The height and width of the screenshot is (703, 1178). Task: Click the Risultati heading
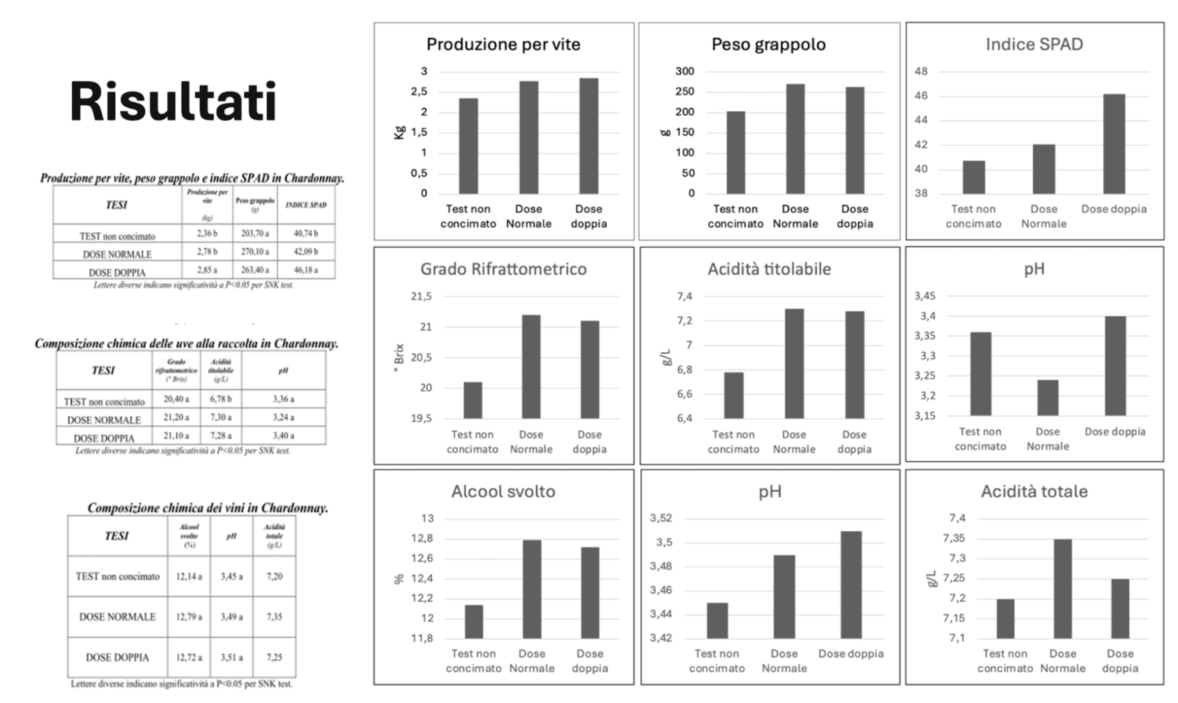click(173, 102)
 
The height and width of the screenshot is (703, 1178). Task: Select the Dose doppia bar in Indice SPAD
click(1114, 144)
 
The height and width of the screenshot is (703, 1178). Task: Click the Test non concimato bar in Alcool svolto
click(473, 622)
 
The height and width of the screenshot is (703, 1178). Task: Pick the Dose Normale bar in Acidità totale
click(1062, 588)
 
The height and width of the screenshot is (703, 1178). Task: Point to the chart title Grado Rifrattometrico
click(503, 269)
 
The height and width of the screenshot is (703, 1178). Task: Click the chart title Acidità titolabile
click(769, 269)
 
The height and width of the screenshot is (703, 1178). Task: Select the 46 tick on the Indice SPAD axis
click(921, 96)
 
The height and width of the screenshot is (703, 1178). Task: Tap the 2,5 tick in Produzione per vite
click(419, 92)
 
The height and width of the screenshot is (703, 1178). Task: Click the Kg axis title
click(400, 132)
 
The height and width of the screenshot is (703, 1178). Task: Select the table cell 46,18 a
click(306, 269)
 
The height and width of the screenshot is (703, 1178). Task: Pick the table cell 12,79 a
click(189, 616)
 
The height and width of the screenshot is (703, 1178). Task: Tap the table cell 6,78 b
click(221, 399)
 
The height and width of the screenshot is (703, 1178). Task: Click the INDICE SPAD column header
click(306, 205)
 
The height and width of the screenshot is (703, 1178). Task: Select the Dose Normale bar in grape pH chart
click(1047, 398)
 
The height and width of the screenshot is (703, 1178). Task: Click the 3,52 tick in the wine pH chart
click(660, 518)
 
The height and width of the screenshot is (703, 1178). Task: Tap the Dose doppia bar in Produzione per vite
click(589, 136)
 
